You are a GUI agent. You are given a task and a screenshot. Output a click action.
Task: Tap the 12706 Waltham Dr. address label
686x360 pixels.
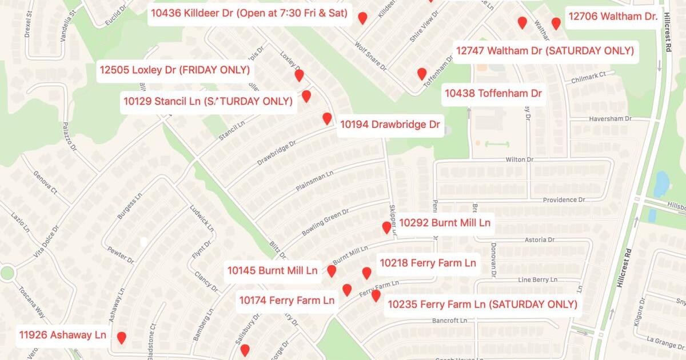(613, 17)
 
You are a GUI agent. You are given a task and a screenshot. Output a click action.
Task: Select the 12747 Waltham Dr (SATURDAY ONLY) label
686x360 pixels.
(545, 51)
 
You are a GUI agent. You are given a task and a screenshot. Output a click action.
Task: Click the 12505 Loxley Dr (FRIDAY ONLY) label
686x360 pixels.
(175, 70)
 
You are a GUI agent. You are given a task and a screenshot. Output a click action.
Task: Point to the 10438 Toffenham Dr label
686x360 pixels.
(493, 93)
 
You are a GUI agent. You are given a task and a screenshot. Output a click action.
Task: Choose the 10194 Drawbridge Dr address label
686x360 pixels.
(390, 124)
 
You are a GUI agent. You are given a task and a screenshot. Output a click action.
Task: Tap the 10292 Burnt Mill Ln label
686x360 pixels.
(445, 223)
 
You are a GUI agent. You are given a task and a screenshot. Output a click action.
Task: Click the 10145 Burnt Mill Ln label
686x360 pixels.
(272, 270)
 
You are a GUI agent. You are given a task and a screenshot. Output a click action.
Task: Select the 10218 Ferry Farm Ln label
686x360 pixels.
(428, 263)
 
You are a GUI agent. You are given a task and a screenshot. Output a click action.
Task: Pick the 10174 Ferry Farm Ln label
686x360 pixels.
(286, 300)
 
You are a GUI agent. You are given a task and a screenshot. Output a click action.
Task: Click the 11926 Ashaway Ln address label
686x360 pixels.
(63, 335)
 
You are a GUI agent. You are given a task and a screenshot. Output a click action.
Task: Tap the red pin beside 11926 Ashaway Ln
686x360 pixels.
(122, 337)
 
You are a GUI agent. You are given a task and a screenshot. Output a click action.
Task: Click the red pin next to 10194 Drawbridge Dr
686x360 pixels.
(327, 118)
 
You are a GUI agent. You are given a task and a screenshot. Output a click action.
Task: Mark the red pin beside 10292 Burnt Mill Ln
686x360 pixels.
(386, 227)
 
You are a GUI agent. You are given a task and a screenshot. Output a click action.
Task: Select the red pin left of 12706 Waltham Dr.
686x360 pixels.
(556, 23)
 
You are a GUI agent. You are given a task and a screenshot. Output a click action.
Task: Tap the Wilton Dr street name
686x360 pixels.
(519, 160)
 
